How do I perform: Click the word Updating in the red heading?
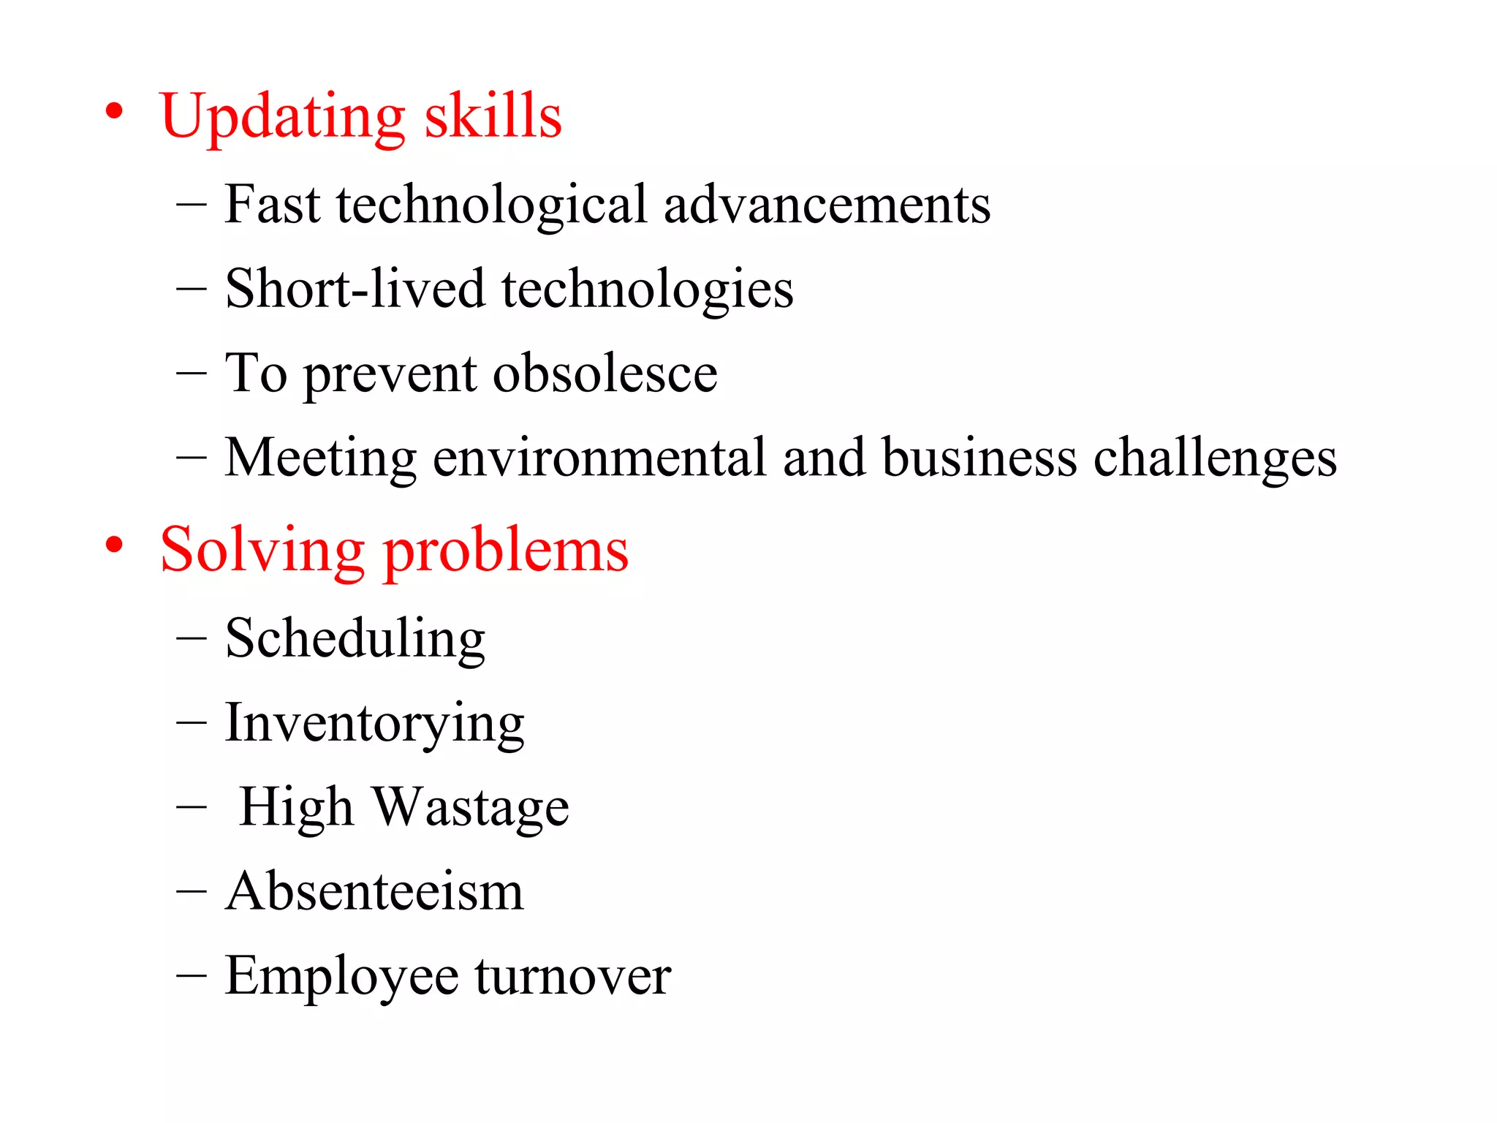tap(282, 117)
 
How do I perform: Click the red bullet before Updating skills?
tap(113, 112)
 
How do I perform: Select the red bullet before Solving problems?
tap(113, 545)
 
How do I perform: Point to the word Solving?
tap(262, 551)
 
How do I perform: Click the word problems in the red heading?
tap(506, 551)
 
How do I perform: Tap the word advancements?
tap(827, 204)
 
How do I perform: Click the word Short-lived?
tap(355, 289)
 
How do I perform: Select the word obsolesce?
tap(605, 374)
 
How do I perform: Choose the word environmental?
tap(599, 458)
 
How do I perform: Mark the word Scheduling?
tap(355, 639)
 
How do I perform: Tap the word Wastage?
tap(471, 808)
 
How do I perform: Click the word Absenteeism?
tap(374, 891)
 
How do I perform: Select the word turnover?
tap(572, 976)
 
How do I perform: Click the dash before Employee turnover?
tap(192, 976)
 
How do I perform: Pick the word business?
tap(979, 458)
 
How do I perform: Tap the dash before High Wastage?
tap(192, 807)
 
